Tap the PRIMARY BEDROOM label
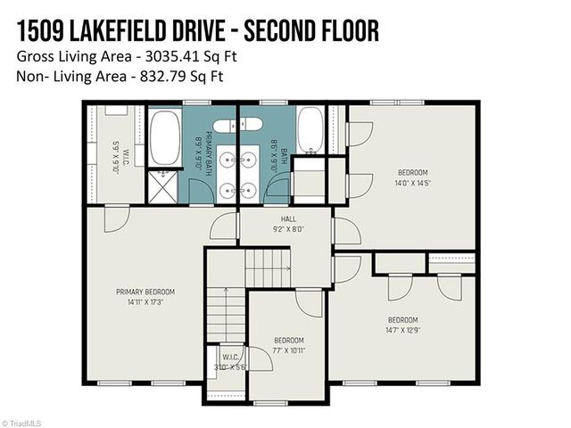pos(145,292)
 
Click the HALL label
pos(287,218)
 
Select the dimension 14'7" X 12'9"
pos(402,329)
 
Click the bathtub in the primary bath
pos(163,138)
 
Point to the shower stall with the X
pos(162,187)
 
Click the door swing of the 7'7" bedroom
pos(308,303)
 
